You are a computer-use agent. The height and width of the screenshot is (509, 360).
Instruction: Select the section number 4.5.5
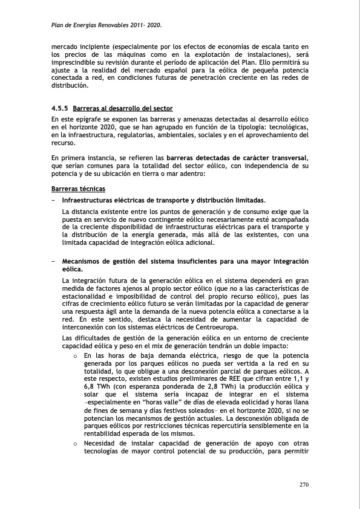pyautogui.click(x=59, y=109)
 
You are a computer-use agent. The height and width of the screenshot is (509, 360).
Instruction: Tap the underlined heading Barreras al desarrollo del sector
pyautogui.click(x=122, y=109)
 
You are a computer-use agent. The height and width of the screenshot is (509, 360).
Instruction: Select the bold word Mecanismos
pyautogui.click(x=87, y=261)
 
